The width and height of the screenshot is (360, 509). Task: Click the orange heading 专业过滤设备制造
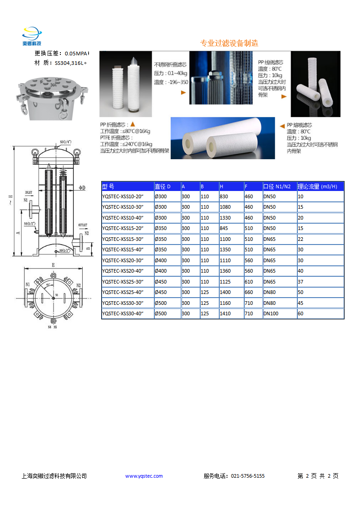229,44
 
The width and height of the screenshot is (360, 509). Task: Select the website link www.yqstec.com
144,476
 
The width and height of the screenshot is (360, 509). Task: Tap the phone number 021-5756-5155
248,476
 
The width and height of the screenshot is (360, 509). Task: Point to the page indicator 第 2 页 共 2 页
318,476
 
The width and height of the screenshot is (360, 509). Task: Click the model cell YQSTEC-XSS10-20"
123,196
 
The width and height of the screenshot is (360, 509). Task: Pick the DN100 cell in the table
271,313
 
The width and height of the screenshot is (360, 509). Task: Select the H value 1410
225,313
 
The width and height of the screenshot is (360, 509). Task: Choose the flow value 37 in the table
301,282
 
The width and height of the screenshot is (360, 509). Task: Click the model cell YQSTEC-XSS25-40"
123,292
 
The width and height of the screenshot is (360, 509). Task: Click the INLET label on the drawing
29,192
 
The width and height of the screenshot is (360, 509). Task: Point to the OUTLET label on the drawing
83,225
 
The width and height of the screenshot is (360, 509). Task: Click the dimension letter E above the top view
53,264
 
